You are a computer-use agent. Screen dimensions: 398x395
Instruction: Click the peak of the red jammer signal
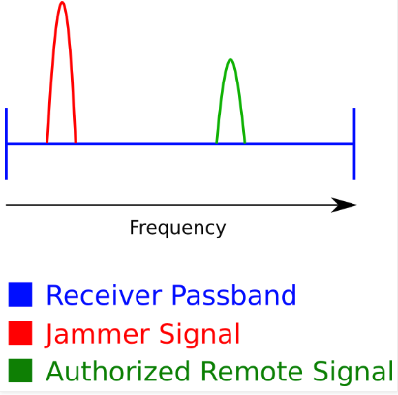point(62,3)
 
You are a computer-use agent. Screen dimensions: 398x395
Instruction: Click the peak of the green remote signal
point(230,60)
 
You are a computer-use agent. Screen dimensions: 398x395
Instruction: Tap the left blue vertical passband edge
point(6,144)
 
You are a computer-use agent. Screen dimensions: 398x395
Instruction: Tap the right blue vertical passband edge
point(354,144)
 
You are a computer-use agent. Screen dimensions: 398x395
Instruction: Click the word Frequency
point(177,228)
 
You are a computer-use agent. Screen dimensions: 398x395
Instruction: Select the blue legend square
point(20,294)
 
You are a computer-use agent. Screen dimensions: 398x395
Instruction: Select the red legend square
point(20,333)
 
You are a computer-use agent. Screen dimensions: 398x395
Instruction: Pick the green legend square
point(20,371)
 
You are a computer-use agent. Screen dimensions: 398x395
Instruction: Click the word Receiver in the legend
point(104,295)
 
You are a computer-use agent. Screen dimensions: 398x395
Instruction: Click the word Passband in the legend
point(233,295)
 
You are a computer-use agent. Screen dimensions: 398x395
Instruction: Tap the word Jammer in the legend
point(97,335)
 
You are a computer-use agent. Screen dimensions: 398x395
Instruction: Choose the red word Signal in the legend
point(199,334)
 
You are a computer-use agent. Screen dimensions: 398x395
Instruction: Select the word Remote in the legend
point(252,372)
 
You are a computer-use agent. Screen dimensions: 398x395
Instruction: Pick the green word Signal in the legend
point(352,372)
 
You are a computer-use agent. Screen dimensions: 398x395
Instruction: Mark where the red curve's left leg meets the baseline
point(47,143)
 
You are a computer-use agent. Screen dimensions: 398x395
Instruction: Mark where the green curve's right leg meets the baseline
point(245,143)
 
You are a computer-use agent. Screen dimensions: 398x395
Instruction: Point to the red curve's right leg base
point(76,143)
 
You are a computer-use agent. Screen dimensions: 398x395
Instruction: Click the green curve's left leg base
point(216,143)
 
